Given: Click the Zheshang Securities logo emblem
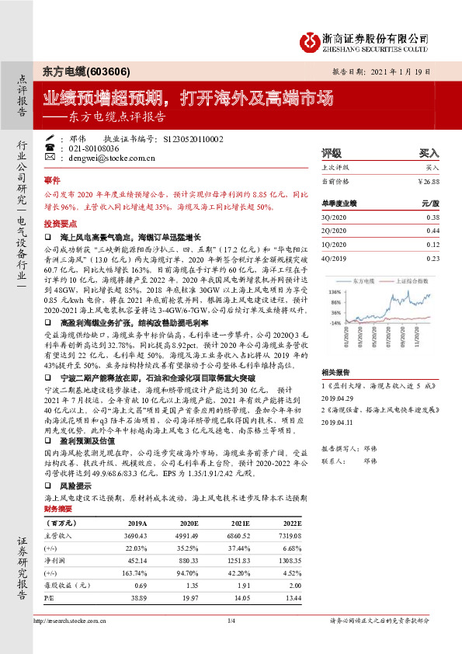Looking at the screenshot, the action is (x=311, y=40).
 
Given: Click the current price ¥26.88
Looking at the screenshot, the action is (x=427, y=181).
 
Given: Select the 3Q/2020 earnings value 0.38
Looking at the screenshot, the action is (x=432, y=217).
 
